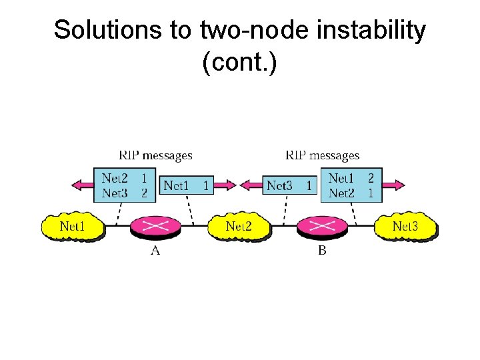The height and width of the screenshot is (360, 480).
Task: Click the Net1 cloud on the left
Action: (73, 226)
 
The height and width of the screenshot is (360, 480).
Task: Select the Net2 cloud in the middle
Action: (239, 226)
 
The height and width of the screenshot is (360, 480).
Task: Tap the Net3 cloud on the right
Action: (405, 226)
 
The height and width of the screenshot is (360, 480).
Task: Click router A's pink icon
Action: (155, 226)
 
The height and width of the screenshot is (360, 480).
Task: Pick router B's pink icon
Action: (322, 226)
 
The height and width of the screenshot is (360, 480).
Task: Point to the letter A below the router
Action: (155, 251)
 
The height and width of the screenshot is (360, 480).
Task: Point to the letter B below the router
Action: (322, 251)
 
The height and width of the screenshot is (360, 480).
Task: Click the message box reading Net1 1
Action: (187, 185)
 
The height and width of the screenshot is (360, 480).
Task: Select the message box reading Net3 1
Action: (289, 185)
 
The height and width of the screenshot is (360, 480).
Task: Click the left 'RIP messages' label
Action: (155, 155)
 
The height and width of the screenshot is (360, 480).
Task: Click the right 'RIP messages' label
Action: (322, 155)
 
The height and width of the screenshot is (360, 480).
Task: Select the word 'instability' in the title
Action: (371, 31)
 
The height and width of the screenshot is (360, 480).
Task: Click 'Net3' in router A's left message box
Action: (115, 193)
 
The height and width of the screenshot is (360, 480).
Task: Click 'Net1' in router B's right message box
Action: (341, 178)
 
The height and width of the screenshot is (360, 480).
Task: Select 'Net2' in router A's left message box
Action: (115, 178)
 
